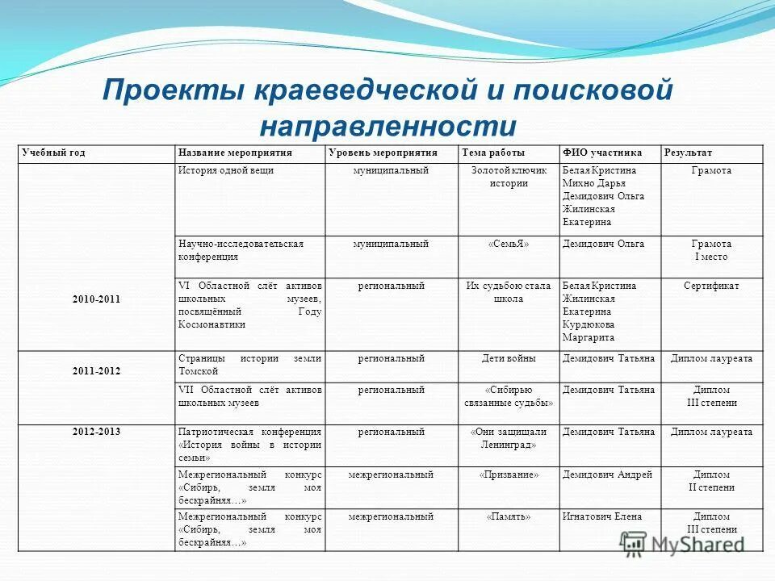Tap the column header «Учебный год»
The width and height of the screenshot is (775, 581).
tap(54, 153)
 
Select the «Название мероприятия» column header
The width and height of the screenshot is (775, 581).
tap(235, 153)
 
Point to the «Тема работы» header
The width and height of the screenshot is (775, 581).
tap(493, 153)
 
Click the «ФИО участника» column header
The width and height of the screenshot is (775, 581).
tap(602, 153)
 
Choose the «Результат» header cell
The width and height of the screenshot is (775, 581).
tap(688, 153)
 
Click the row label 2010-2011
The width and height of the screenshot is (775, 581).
tap(96, 299)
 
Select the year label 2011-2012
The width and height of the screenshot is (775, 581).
tap(96, 371)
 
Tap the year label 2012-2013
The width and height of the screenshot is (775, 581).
tap(96, 432)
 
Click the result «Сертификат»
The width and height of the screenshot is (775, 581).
tap(711, 286)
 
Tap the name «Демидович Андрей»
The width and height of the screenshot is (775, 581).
tap(607, 474)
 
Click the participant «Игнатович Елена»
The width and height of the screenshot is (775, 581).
tap(602, 516)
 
